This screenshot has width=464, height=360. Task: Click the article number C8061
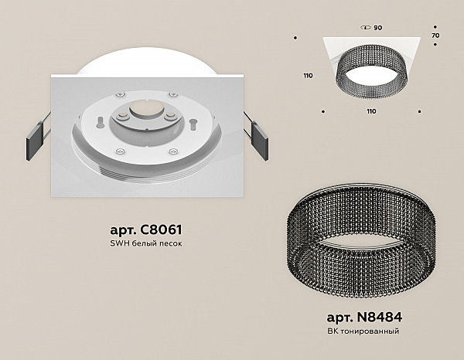[162, 229]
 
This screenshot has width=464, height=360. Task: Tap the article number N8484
[380, 318]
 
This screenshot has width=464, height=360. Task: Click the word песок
[170, 244]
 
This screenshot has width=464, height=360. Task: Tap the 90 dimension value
[378, 28]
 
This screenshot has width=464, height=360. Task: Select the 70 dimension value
[435, 36]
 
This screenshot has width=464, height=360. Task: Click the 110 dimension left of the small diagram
[308, 76]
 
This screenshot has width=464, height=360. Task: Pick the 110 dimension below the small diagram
[371, 111]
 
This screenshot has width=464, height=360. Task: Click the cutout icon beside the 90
[366, 28]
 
